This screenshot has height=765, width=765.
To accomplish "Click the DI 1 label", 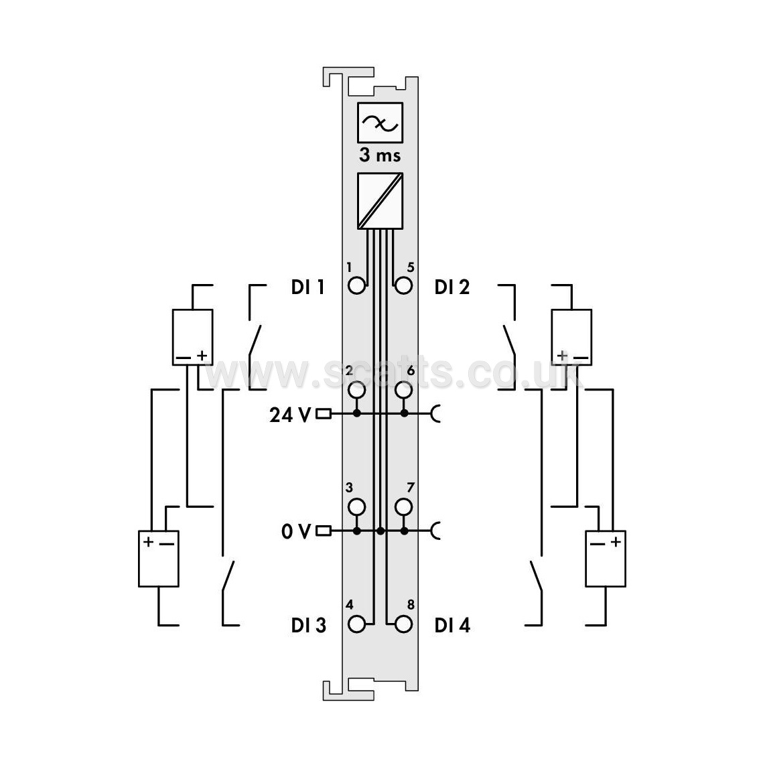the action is (x=308, y=287).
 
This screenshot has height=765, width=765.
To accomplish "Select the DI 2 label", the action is (x=451, y=287).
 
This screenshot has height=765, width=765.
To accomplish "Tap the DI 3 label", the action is (x=308, y=625).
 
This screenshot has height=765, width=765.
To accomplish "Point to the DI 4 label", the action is (x=452, y=625).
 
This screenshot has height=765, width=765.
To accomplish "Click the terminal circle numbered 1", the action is (x=356, y=285).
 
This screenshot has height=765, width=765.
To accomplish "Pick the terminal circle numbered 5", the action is (x=404, y=285).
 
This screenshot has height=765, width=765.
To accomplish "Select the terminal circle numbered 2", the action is (x=356, y=389).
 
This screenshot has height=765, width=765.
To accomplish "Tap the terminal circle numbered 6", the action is (x=404, y=389).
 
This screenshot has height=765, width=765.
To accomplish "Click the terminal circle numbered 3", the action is (x=356, y=507).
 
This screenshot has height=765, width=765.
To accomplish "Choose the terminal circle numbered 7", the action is (x=404, y=507).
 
